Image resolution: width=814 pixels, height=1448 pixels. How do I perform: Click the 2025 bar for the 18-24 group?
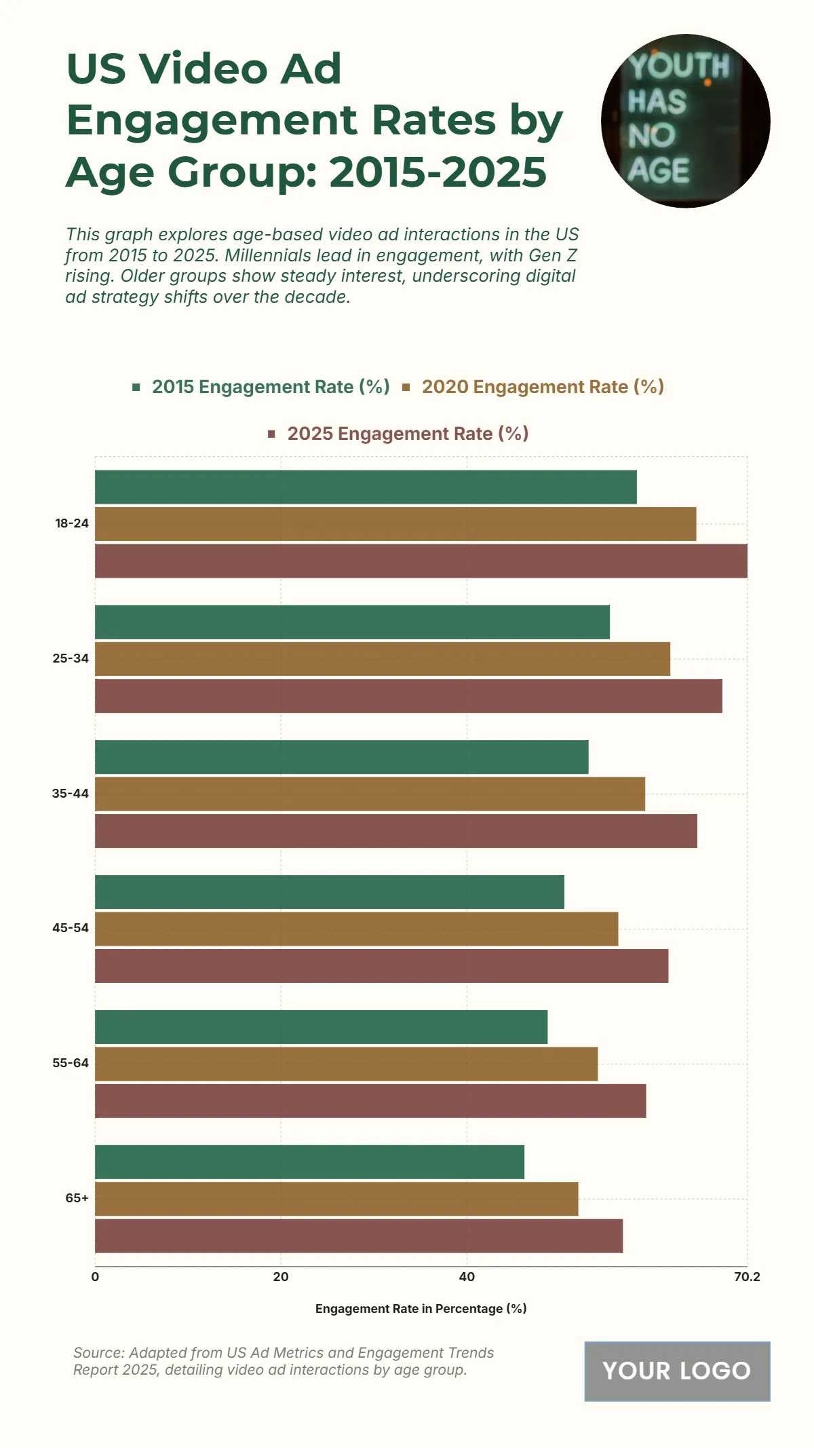(421, 561)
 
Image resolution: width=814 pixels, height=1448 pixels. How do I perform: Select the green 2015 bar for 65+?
(309, 1162)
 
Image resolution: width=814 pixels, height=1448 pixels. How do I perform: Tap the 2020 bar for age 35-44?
(370, 794)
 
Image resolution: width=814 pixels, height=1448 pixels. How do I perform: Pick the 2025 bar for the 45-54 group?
(381, 965)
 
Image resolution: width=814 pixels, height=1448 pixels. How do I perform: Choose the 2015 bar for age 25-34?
(352, 622)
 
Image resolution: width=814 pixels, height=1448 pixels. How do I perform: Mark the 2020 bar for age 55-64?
(346, 1064)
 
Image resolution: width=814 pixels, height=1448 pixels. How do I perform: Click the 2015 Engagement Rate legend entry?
(270, 387)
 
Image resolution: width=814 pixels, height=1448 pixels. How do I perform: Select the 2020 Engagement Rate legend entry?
(542, 387)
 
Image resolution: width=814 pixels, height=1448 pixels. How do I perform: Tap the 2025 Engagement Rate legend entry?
(407, 434)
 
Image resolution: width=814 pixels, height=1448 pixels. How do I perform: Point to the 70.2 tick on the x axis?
(747, 1277)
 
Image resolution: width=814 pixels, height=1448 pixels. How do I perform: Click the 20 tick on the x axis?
(281, 1277)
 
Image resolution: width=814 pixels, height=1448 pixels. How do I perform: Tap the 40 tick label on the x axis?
(467, 1277)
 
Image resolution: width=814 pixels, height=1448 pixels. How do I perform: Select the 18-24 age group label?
(72, 523)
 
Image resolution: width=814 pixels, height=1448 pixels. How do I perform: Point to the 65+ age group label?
(77, 1198)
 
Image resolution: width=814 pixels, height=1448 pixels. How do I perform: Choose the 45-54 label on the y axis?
(71, 928)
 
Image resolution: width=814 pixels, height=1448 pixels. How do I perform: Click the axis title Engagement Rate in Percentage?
(421, 1309)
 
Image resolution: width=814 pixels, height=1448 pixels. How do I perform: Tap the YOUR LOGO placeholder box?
(677, 1371)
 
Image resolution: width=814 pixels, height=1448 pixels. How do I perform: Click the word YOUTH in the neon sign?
(678, 67)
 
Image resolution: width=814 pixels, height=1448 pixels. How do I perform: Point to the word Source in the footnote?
(98, 1353)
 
